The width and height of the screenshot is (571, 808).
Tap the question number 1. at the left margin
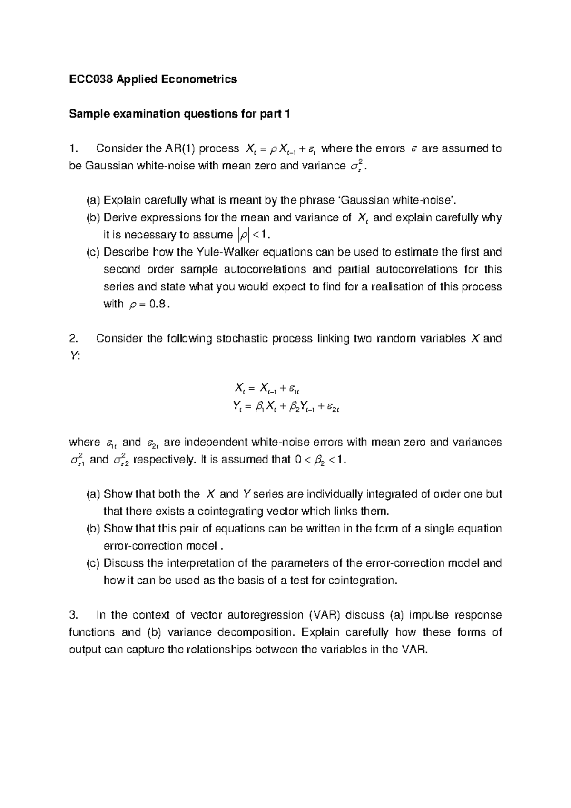[73, 148]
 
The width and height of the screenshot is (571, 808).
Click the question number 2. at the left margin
[73, 339]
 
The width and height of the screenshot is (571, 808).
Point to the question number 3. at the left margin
[73, 615]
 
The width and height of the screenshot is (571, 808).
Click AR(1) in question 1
[179, 148]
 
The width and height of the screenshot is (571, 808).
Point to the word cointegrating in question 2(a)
[226, 512]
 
